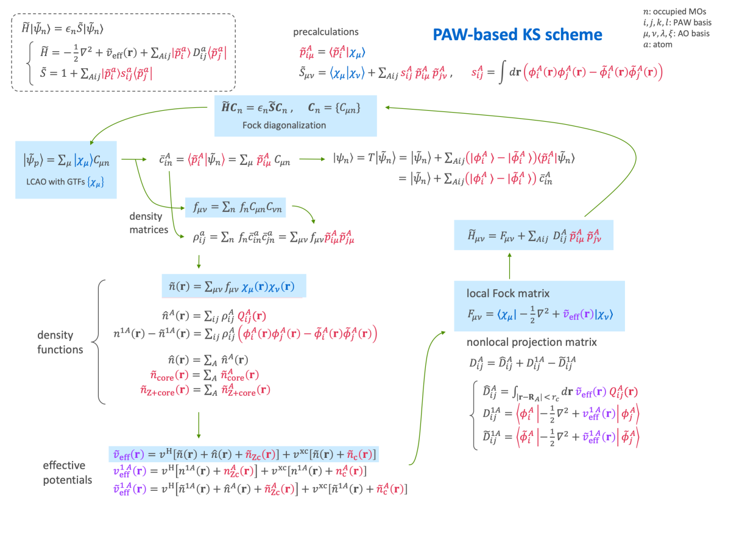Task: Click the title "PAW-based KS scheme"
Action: (517, 35)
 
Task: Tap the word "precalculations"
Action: (326, 32)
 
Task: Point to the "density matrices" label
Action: (149, 223)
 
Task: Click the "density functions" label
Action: (60, 342)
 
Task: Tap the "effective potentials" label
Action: (67, 472)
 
